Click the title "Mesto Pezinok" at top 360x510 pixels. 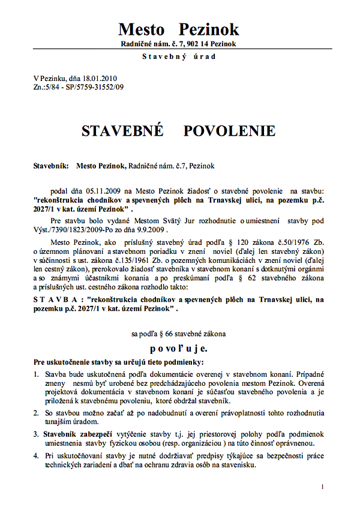pyautogui.click(x=178, y=29)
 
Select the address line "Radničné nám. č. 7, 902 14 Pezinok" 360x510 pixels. pyautogui.click(x=179, y=44)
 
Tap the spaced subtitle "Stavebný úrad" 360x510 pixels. pyautogui.click(x=179, y=56)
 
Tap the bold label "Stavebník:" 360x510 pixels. pyautogui.click(x=51, y=165)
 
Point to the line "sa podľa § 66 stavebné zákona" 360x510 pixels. pyautogui.click(x=179, y=332)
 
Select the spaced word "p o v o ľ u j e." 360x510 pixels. pyautogui.click(x=179, y=348)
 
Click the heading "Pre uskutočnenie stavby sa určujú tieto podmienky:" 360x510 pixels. pyautogui.click(x=119, y=362)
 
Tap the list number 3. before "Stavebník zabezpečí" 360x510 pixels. pyautogui.click(x=37, y=434)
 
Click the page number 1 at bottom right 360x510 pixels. pyautogui.click(x=322, y=487)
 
